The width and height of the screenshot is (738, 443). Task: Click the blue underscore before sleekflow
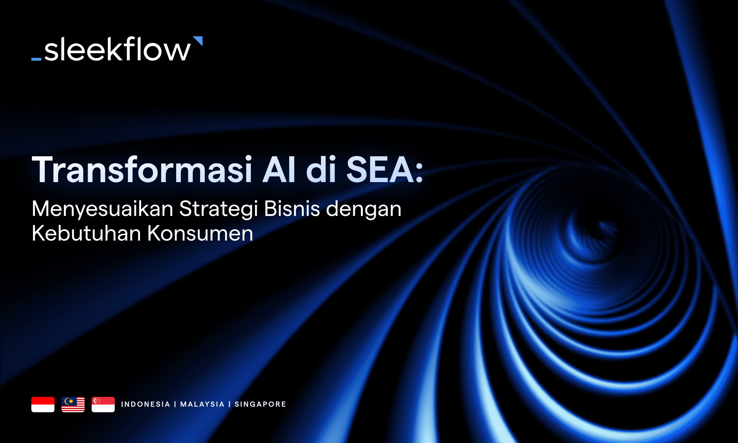click(36, 59)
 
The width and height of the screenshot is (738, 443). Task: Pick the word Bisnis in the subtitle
click(292, 209)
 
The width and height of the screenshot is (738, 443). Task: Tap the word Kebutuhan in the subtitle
click(86, 233)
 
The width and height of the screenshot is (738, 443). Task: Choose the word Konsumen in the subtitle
click(200, 233)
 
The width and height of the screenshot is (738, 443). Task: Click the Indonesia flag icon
click(43, 404)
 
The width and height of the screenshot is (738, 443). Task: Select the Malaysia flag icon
click(73, 404)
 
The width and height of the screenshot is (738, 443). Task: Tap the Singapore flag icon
click(103, 404)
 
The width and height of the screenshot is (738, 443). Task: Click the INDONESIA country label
click(145, 404)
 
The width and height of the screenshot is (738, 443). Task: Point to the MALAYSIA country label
click(202, 404)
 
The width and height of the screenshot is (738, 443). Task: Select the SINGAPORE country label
click(260, 404)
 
